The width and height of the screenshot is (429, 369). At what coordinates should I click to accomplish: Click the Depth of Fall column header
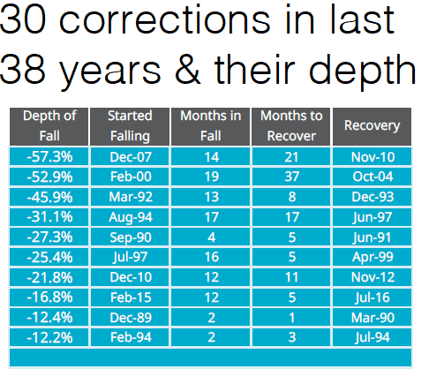click(49, 126)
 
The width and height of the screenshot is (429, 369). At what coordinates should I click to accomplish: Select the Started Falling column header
click(130, 126)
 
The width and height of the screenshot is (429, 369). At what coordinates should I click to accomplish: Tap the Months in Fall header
click(210, 126)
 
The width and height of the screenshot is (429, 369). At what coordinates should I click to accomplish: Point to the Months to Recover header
click(291, 126)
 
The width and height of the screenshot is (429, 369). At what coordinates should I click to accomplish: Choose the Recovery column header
click(372, 126)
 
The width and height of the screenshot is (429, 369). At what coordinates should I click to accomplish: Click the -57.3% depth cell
click(49, 156)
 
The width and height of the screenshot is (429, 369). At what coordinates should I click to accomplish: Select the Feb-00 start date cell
click(130, 177)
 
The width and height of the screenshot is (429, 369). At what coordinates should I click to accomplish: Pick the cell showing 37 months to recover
click(291, 177)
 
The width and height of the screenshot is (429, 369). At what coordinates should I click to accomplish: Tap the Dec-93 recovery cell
click(372, 197)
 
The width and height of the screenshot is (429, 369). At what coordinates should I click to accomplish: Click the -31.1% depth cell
click(49, 217)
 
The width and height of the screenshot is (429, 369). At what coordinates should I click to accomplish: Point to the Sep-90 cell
click(130, 237)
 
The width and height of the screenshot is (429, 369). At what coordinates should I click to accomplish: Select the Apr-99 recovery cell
click(372, 257)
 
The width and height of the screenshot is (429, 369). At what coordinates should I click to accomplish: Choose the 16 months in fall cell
click(210, 257)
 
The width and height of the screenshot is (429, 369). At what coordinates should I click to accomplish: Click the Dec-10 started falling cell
click(130, 277)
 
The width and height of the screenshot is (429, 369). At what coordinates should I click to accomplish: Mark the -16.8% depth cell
click(49, 297)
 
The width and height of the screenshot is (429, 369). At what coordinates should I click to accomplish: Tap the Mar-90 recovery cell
click(372, 318)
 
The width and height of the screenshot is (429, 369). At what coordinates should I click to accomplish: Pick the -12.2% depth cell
click(49, 337)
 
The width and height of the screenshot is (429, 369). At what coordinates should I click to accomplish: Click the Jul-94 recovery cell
click(372, 337)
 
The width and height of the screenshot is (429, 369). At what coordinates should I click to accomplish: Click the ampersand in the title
click(188, 70)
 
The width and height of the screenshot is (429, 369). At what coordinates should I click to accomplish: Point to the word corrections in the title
click(165, 20)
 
